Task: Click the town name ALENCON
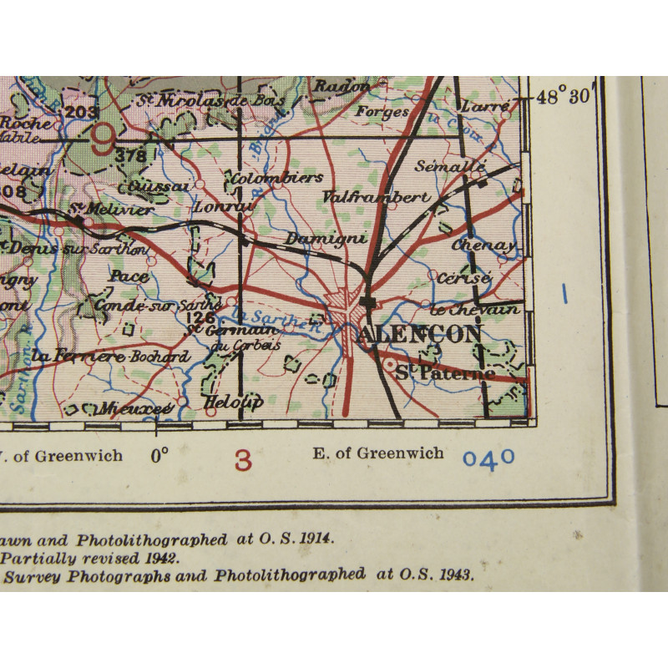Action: [423, 334]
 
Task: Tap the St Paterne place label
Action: [444, 373]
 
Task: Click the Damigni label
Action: [316, 239]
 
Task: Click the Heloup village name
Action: [233, 402]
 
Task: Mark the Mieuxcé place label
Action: [134, 407]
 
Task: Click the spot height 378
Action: [131, 155]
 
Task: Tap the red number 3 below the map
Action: [243, 459]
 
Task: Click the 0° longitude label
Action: [159, 455]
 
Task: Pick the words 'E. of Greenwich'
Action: [367, 453]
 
